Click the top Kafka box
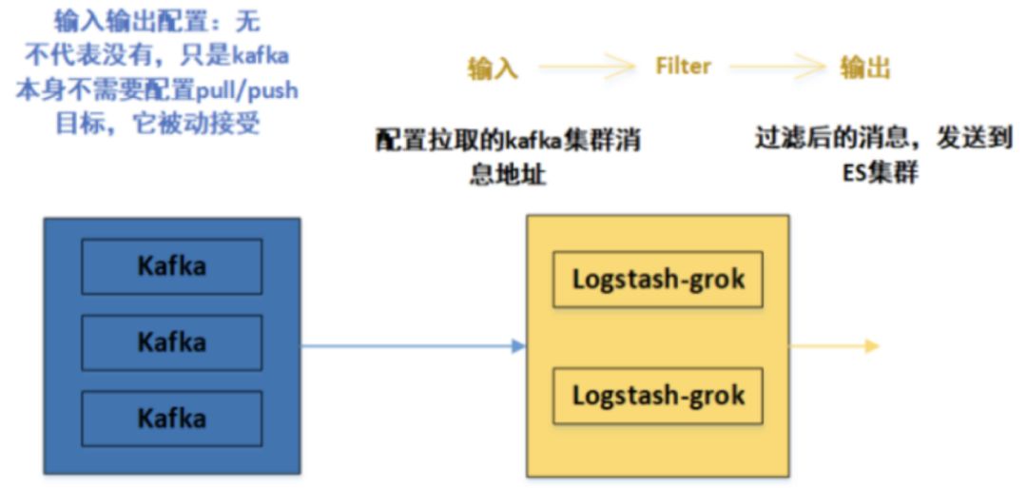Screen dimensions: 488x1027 pos(171,265)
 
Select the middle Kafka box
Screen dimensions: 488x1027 pos(171,342)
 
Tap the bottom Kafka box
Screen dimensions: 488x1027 pos(171,418)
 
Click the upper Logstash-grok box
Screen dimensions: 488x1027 pos(658,280)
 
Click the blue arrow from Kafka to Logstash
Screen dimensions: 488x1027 pos(414,345)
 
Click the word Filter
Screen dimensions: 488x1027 pos(683,67)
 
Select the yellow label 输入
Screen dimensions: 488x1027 pos(494,68)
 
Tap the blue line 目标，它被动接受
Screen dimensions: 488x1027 pos(157,125)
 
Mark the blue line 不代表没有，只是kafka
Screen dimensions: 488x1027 pos(157,57)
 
